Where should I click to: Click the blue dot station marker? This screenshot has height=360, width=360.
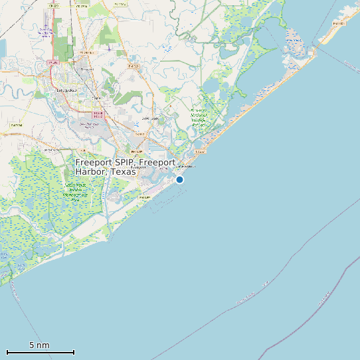pyautogui.click(x=179, y=179)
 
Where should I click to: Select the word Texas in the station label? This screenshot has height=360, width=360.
pyautogui.click(x=124, y=171)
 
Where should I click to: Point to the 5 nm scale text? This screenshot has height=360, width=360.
pyautogui.click(x=39, y=345)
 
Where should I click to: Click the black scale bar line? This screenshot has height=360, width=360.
pyautogui.click(x=40, y=352)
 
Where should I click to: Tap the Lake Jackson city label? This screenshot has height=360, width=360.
pyautogui.click(x=66, y=90)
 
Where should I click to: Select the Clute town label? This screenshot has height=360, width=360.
pyautogui.click(x=96, y=98)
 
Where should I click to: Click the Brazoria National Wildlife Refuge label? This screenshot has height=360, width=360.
pyautogui.click(x=199, y=116)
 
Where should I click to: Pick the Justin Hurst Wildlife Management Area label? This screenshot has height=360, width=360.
pyautogui.click(x=75, y=193)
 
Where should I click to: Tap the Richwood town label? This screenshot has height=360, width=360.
pyautogui.click(x=86, y=68)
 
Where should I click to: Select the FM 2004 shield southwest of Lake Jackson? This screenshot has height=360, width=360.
pyautogui.click(x=16, y=125)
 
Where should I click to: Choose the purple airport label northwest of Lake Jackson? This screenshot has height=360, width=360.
pyautogui.click(x=45, y=31)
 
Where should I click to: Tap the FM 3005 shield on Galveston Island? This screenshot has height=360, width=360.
pyautogui.click(x=338, y=24)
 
